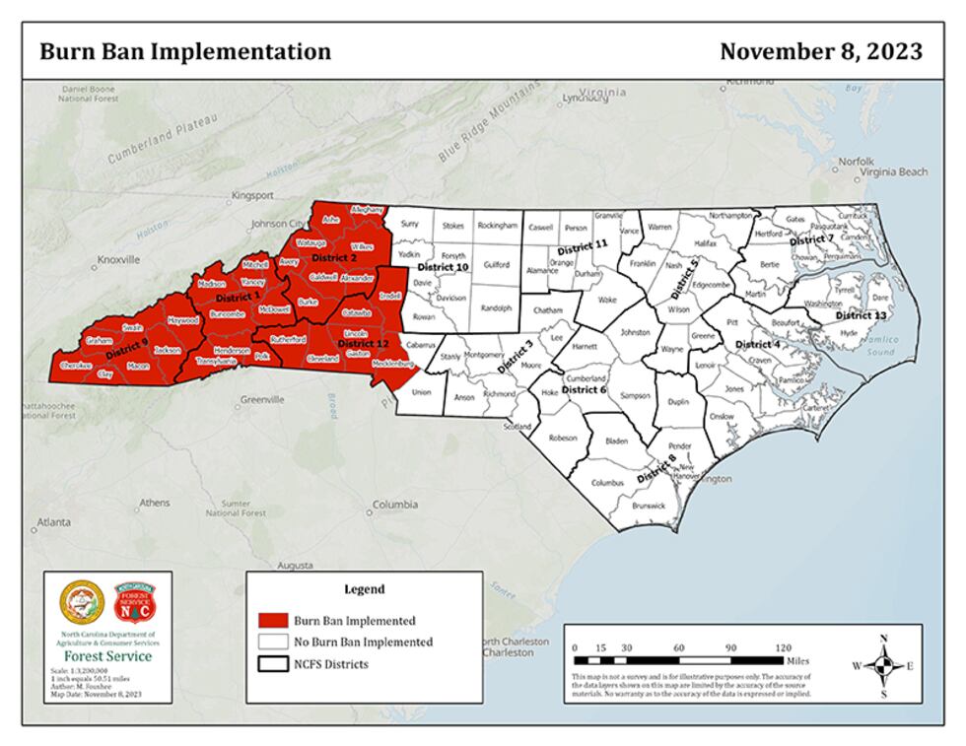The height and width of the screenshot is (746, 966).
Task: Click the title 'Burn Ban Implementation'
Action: coord(185,52)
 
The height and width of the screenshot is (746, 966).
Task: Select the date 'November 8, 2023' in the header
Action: coord(820,52)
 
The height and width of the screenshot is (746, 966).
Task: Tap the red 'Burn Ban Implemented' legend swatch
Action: coord(272,621)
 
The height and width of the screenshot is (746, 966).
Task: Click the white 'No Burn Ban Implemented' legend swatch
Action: coord(272,643)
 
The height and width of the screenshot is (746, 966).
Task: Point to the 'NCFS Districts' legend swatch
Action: coord(272,664)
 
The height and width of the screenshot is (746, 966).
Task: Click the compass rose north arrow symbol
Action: coord(883,665)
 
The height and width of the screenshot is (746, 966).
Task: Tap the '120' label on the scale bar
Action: coord(783,647)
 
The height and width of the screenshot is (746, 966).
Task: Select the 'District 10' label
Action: coord(442,267)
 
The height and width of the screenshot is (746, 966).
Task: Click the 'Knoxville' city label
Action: coord(118,261)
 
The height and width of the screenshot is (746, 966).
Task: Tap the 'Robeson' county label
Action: coord(563,437)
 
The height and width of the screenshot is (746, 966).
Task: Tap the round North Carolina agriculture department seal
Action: coord(82,602)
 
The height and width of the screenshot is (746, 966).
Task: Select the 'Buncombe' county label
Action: coord(228,313)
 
